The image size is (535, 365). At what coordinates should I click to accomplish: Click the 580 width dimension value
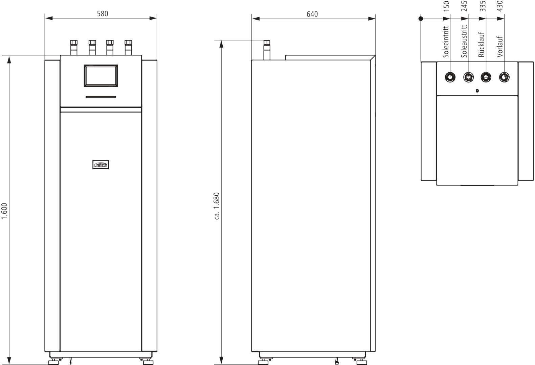[103, 14]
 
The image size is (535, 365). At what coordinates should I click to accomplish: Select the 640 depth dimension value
[312, 14]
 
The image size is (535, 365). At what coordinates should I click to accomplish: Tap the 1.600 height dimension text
[4, 211]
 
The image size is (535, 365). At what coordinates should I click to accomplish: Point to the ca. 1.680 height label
[217, 206]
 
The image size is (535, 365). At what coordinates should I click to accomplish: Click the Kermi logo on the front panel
[101, 165]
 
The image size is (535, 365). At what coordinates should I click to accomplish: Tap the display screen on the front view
[101, 76]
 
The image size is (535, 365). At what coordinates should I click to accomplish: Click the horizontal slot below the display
[101, 97]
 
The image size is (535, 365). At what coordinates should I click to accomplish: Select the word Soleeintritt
[446, 42]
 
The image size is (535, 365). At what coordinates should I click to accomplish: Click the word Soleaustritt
[464, 41]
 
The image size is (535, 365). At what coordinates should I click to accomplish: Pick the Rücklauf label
[482, 45]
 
